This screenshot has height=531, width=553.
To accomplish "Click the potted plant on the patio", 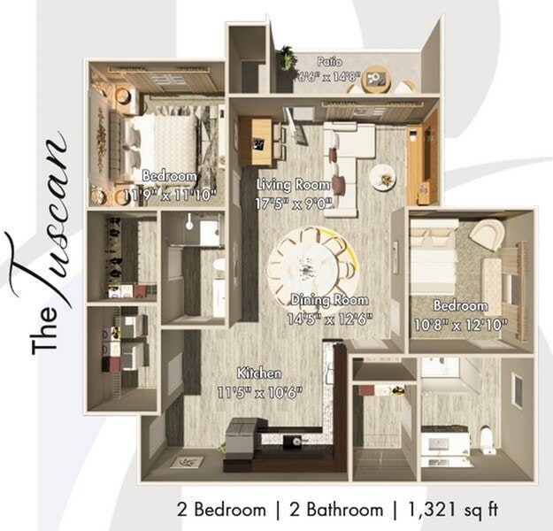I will click(x=287, y=59).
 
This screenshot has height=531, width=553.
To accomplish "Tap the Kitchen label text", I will click(x=259, y=373).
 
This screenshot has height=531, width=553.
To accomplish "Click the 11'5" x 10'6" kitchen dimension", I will click(x=259, y=389).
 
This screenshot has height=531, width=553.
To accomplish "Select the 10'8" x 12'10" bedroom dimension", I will click(x=460, y=324).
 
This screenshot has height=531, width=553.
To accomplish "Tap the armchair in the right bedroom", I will click(x=486, y=234).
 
